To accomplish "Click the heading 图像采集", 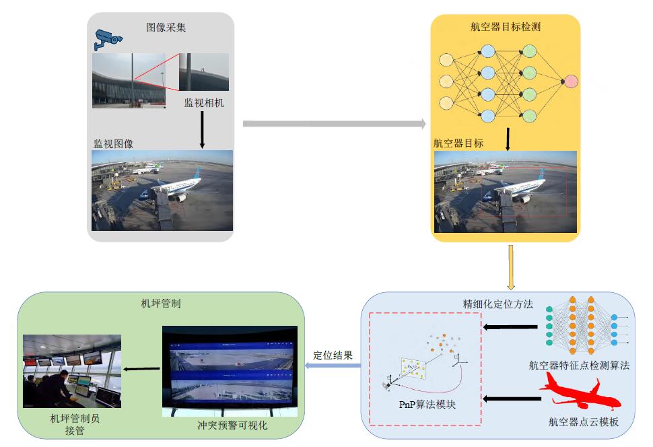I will [x=166, y=28].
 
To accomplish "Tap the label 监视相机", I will [x=204, y=103].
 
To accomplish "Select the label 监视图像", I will [x=113, y=143].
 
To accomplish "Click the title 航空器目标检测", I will [x=506, y=28].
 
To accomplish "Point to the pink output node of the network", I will [x=571, y=81].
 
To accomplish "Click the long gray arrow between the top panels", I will [x=334, y=124].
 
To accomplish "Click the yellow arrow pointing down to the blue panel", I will [x=511, y=267].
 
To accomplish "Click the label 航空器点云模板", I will [x=583, y=422].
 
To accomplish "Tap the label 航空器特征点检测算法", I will [x=579, y=366].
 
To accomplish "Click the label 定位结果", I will [x=333, y=355].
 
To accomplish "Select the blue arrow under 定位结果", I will [x=333, y=366].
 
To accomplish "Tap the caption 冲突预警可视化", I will [x=228, y=425].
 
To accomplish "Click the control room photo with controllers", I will [x=72, y=371].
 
